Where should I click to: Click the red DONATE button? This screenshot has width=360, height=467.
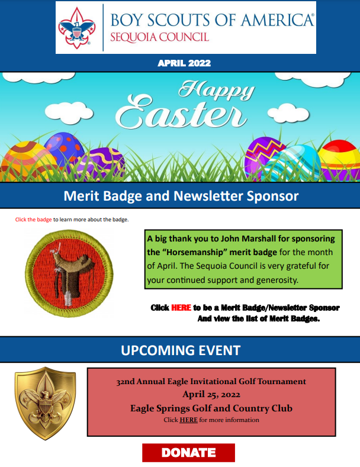tap(188, 453)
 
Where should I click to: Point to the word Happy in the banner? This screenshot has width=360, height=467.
tap(217, 91)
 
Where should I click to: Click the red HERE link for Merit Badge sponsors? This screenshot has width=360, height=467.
tap(181, 308)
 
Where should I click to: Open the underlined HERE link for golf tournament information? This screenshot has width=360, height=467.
tap(188, 420)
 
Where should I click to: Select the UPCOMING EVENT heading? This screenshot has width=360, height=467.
tap(180, 350)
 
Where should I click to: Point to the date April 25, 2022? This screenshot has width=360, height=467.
tap(211, 395)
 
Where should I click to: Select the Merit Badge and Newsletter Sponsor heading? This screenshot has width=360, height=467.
tap(181, 195)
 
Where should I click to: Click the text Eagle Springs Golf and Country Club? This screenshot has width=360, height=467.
tap(211, 408)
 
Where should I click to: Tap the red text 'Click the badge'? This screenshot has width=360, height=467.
tap(34, 220)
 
